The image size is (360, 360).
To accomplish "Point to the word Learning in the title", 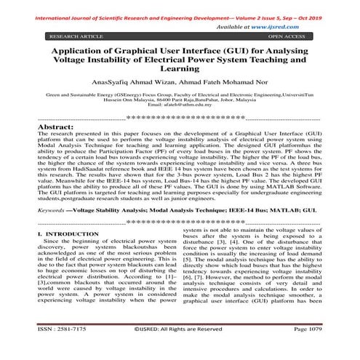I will [x=180, y=69].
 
